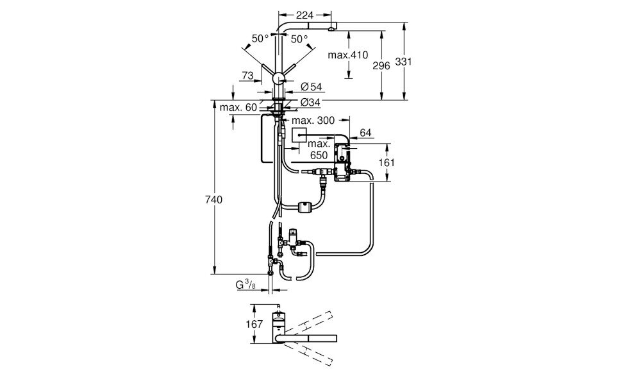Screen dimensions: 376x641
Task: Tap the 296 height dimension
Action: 381,66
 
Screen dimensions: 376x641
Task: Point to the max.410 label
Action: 348,55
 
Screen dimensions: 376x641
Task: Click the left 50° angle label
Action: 260,39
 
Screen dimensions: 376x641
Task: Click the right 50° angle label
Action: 299,39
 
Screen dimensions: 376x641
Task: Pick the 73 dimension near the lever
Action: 247,76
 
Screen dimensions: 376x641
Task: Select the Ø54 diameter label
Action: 310,87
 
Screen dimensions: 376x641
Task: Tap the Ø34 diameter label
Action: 310,103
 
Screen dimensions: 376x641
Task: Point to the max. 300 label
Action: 313,121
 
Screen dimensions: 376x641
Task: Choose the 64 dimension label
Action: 366,133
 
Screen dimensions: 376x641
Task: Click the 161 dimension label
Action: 386,163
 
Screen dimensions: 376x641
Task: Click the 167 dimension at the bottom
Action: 254,324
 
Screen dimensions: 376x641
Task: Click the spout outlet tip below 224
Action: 330,28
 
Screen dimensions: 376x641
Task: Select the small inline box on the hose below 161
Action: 304,207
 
